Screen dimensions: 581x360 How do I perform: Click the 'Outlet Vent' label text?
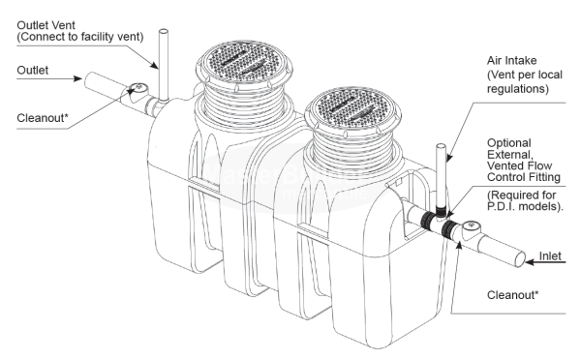pos(46,25)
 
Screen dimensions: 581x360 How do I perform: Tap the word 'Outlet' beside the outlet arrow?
pos(33,70)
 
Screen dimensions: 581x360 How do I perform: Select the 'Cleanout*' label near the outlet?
pos(43,118)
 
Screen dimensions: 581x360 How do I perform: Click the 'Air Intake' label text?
pos(511,60)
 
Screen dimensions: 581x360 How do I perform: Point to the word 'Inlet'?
pos(550,255)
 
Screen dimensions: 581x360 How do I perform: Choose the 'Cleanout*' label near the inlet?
pos(513,295)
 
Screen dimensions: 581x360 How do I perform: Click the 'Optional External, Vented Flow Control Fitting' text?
pos(523,160)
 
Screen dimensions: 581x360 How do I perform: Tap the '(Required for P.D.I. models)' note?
pos(525,200)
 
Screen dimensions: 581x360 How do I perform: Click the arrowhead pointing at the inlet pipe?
pos(530,262)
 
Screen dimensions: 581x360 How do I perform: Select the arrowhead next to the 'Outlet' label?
pos(77,78)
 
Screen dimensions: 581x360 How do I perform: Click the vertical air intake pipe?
pos(441,181)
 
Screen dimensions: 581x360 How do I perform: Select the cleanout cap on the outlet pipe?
pos(138,88)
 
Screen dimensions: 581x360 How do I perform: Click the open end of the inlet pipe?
pos(520,259)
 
